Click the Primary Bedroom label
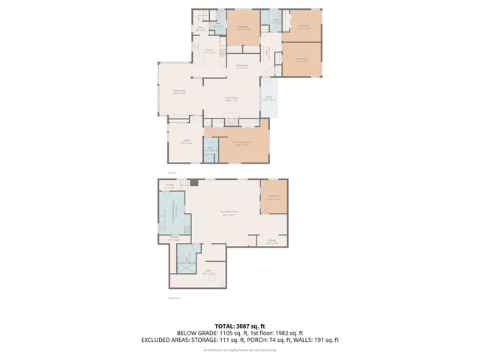click(x=241, y=142)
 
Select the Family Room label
click(x=178, y=91)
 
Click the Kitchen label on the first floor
click(x=210, y=52)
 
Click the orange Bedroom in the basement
click(x=274, y=197)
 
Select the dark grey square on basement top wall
click(x=193, y=182)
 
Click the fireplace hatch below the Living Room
click(x=232, y=121)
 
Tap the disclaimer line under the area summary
click(x=239, y=349)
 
